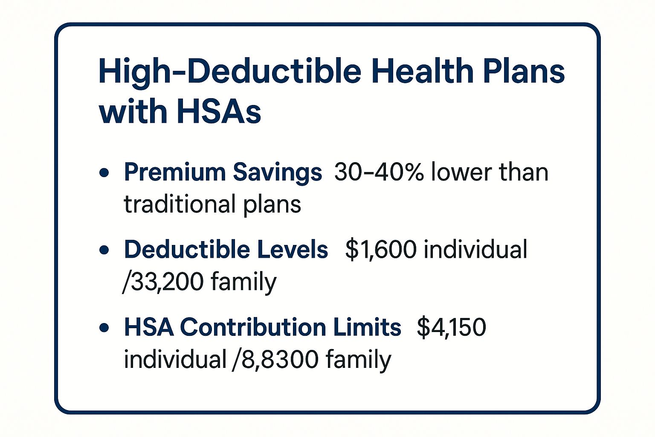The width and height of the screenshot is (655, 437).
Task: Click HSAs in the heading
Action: [x=219, y=111]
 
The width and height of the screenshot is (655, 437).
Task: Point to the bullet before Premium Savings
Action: [x=104, y=172]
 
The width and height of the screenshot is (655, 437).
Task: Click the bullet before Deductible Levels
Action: [x=104, y=250]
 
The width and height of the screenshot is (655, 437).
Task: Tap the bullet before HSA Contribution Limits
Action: [x=104, y=327]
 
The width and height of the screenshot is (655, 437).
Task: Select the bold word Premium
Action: [x=175, y=172]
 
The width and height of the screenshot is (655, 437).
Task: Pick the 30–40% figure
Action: [x=379, y=172]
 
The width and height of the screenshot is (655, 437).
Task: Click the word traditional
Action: [x=180, y=204]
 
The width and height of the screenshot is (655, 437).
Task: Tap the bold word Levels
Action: [x=293, y=249]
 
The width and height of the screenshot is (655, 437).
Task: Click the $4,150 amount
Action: [x=452, y=327]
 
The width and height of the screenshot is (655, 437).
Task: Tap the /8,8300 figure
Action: [x=275, y=360]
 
